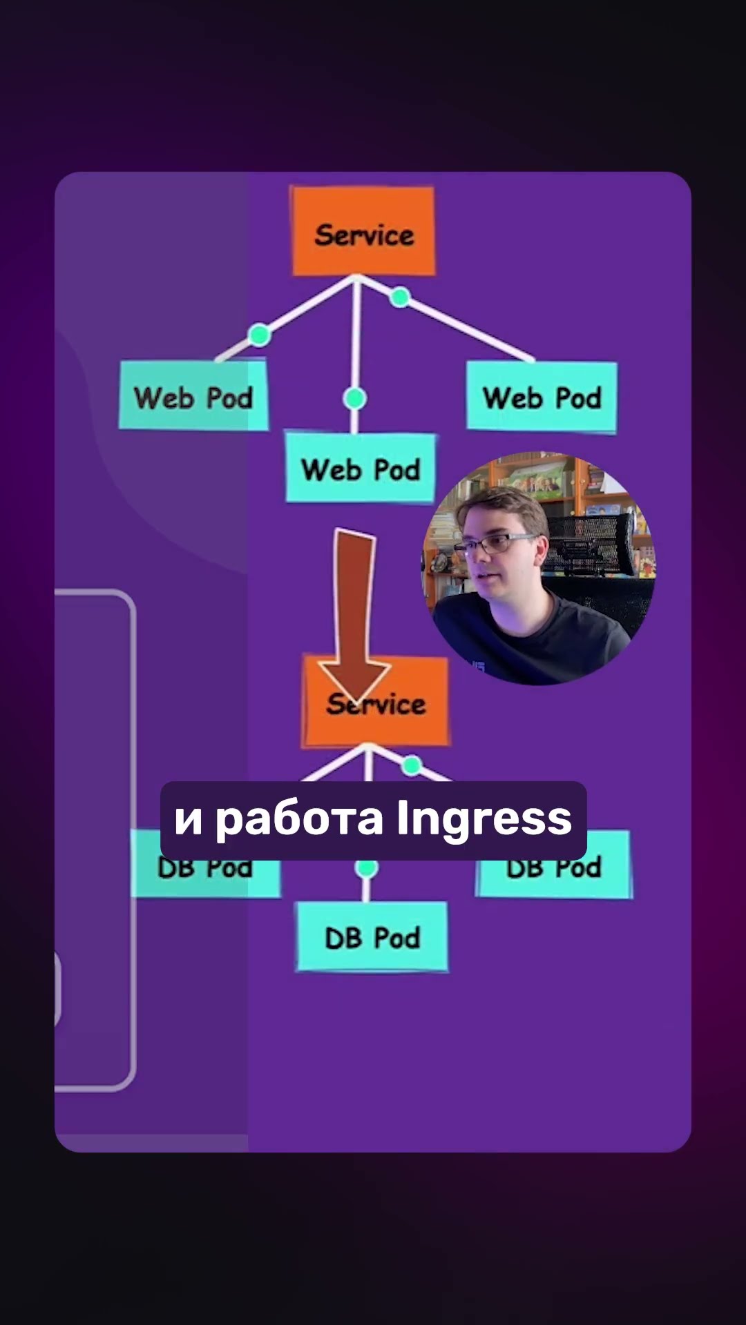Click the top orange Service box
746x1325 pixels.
click(x=363, y=231)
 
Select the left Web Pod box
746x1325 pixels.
click(x=193, y=395)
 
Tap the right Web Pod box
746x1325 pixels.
click(x=542, y=397)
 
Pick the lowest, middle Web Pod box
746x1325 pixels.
click(x=361, y=469)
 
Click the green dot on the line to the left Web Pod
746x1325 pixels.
click(x=260, y=335)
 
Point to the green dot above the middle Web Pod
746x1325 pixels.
click(x=355, y=398)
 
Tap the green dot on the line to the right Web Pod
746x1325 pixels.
click(x=400, y=297)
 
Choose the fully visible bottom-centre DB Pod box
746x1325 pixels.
click(x=372, y=937)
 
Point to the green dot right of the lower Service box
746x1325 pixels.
click(x=412, y=765)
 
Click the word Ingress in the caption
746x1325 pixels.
click(x=484, y=820)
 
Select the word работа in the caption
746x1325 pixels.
click(x=298, y=820)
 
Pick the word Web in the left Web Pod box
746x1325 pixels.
click(x=164, y=397)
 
